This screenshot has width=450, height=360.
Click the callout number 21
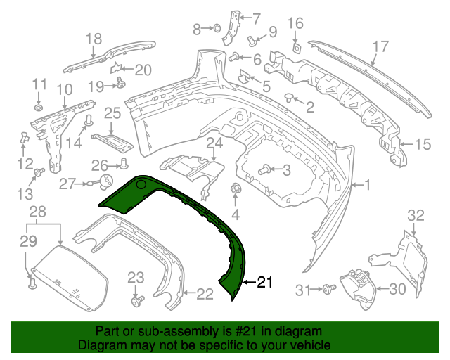click(x=264, y=283)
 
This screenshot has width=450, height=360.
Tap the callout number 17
click(x=380, y=47)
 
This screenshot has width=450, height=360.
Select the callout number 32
click(x=416, y=214)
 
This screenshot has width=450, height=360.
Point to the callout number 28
click(x=37, y=211)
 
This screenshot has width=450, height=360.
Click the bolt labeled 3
click(x=265, y=169)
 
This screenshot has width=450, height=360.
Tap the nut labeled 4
click(x=236, y=189)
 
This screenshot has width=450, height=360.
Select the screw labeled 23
click(x=136, y=301)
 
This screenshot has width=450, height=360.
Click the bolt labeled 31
click(x=328, y=289)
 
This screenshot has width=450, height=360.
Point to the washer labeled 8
click(x=217, y=29)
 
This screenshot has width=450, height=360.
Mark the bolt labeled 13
click(x=40, y=172)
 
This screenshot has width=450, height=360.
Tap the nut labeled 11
click(x=38, y=108)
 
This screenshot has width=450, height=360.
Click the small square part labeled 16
click(x=297, y=47)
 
